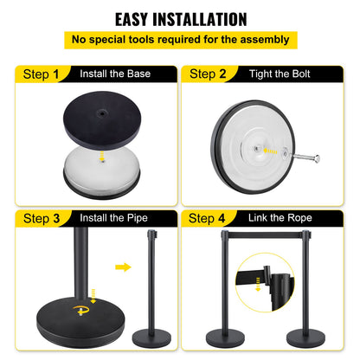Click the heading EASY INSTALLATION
coord(180,19)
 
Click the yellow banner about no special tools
coord(180,39)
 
